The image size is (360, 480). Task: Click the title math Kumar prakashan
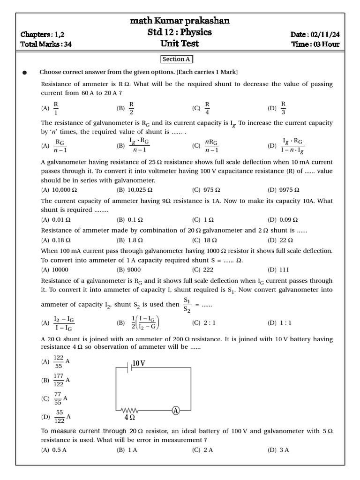click(x=180, y=21)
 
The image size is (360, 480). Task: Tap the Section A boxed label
click(x=176, y=59)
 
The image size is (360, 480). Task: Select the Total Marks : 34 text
click(x=46, y=45)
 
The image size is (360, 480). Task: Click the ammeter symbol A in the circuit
click(x=176, y=411)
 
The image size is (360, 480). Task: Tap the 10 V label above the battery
click(x=139, y=363)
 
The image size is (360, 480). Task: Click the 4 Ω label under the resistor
click(x=130, y=417)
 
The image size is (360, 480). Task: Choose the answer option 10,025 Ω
click(x=135, y=190)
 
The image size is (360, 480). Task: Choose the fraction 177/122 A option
click(x=56, y=380)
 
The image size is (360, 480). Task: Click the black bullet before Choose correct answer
click(x=25, y=73)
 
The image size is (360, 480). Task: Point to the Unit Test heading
click(x=180, y=44)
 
